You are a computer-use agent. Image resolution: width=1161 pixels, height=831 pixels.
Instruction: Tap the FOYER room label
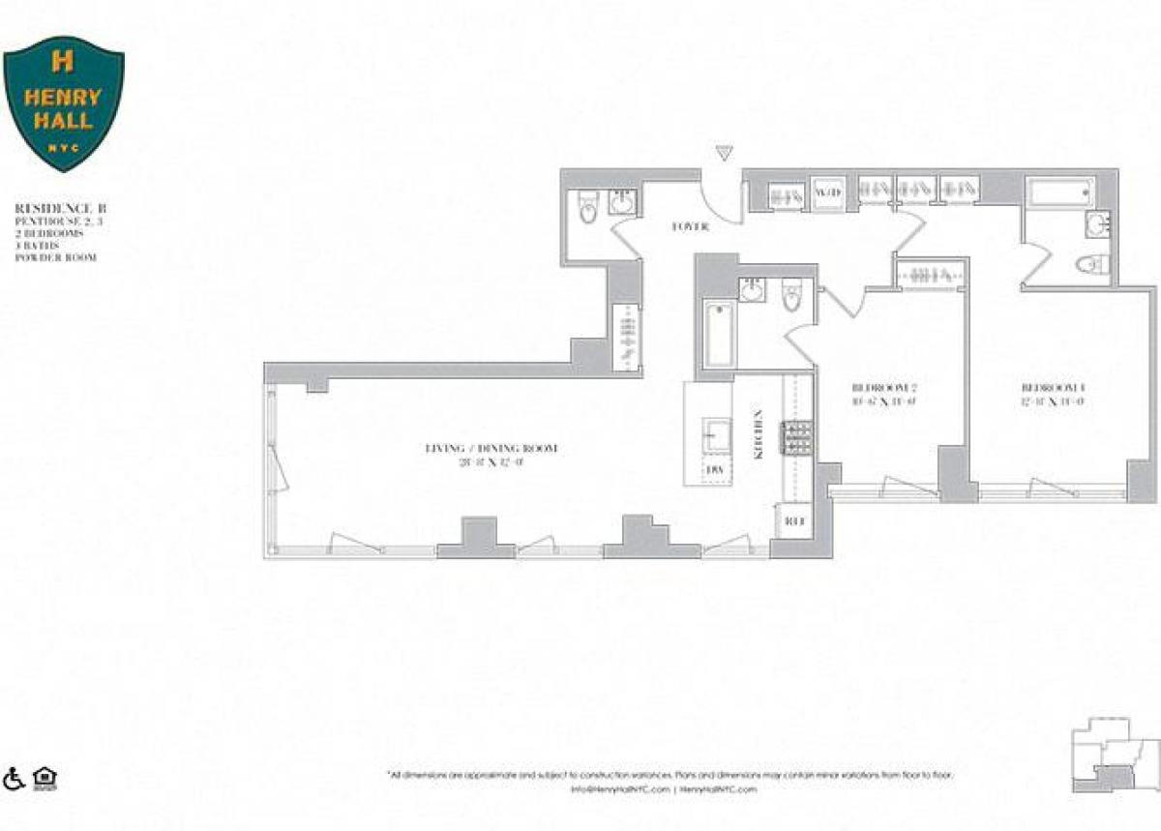(x=691, y=226)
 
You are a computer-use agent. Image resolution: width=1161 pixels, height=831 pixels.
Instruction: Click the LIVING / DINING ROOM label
(x=491, y=449)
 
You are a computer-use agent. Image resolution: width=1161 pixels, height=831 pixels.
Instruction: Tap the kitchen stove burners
(x=799, y=439)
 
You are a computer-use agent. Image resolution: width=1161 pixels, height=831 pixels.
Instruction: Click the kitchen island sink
(x=716, y=434)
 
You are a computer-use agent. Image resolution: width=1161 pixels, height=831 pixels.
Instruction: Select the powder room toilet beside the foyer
(x=587, y=208)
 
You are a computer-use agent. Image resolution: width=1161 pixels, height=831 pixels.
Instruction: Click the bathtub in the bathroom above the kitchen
(x=716, y=335)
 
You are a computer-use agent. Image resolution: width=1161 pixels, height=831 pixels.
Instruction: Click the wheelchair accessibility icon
(x=15, y=777)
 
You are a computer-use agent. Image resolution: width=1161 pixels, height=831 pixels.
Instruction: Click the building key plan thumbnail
(x=1114, y=756)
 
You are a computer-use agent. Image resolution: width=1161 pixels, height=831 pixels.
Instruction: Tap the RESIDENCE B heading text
(x=59, y=208)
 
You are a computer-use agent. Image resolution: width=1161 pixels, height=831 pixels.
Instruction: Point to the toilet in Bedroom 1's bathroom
(x=1093, y=263)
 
